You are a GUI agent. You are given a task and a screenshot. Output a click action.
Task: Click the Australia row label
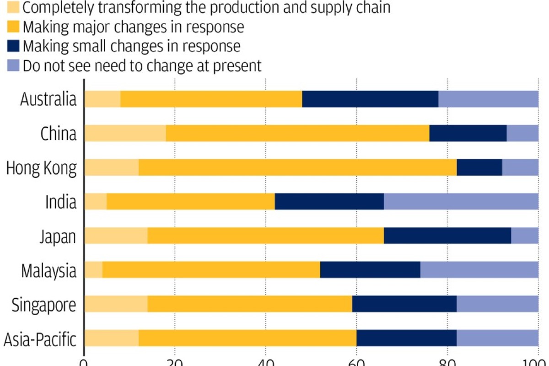click(48, 99)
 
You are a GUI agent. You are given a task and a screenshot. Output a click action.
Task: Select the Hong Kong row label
click(42, 168)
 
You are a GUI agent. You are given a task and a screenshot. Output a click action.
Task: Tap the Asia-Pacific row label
click(40, 339)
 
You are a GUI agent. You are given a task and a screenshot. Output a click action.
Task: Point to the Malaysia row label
click(48, 271)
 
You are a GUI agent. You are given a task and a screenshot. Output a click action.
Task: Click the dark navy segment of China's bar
click(468, 133)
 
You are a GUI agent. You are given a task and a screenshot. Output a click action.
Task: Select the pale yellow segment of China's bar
click(125, 133)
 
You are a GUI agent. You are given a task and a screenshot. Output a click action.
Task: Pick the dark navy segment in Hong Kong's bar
click(479, 167)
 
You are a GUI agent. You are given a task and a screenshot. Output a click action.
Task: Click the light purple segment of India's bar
click(461, 202)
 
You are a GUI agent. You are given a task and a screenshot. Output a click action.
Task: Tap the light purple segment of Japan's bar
click(525, 236)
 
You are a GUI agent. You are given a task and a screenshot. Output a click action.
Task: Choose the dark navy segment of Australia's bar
click(370, 99)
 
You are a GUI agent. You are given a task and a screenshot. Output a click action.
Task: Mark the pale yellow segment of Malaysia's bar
click(93, 270)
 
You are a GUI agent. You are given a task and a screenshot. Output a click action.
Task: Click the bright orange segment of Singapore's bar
click(249, 305)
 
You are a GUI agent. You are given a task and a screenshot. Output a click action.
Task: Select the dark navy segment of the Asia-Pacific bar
click(406, 339)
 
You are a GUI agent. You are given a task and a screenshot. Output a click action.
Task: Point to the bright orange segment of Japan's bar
click(265, 236)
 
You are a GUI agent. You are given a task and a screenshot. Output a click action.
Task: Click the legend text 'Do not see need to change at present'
click(142, 65)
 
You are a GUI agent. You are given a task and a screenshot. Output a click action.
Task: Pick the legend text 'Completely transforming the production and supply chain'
click(206, 8)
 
